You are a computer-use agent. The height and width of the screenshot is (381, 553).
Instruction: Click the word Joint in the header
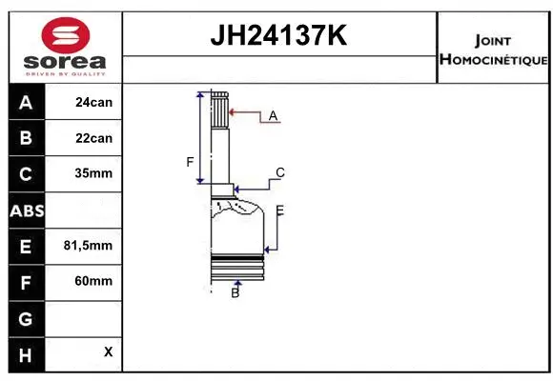point(492,40)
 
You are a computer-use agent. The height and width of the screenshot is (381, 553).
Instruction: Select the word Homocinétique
point(493,59)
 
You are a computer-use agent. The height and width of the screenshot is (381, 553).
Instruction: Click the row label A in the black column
point(25,102)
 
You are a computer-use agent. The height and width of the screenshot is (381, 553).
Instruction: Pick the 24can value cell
point(93,102)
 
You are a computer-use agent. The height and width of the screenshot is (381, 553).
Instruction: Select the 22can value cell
point(93,138)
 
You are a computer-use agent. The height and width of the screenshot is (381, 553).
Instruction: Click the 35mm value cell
point(93,174)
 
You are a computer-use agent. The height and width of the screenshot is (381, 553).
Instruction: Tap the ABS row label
point(25,211)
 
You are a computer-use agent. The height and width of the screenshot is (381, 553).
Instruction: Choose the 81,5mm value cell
point(88,246)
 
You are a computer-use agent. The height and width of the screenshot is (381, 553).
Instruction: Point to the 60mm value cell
point(93,281)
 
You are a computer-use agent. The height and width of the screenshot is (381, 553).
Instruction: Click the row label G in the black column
point(25,317)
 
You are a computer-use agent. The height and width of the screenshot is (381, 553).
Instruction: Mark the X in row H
point(108,351)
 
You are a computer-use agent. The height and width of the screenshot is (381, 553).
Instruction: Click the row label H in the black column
point(25,353)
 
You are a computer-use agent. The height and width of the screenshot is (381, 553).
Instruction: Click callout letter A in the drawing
point(273,115)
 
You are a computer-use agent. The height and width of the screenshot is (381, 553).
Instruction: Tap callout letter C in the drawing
point(280,172)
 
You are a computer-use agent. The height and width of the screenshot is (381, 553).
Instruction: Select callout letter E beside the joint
point(279,210)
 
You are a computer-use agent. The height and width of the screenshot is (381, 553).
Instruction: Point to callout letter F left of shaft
point(190,161)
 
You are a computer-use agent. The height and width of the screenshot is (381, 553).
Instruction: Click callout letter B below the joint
point(235,293)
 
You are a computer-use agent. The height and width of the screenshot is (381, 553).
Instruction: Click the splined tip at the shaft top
point(219,110)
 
